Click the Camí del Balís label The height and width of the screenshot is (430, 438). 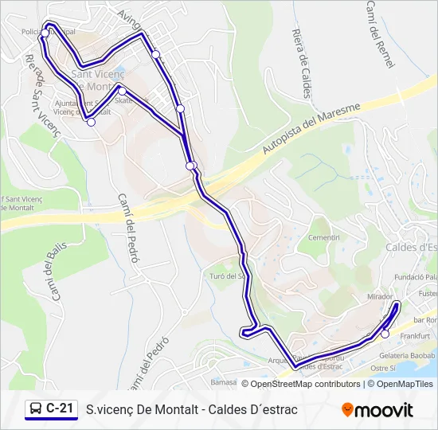click(x=52, y=274)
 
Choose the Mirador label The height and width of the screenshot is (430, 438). click(x=380, y=295)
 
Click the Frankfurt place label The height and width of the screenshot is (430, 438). click(x=415, y=337)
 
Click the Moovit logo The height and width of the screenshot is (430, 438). click(x=377, y=410)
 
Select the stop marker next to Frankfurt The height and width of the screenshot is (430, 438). click(x=385, y=334)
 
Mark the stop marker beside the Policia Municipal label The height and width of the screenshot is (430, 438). click(x=45, y=33)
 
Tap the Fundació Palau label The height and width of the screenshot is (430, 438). click(x=416, y=277)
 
